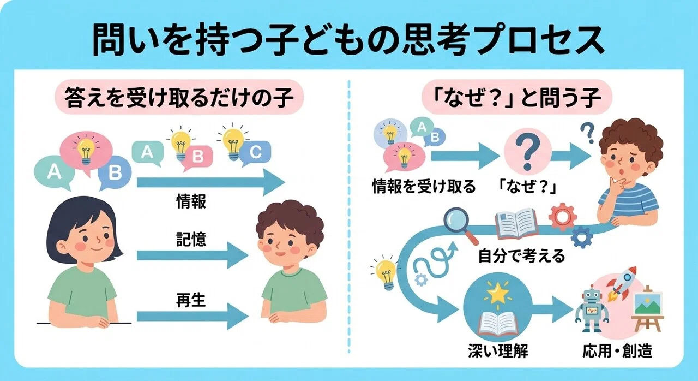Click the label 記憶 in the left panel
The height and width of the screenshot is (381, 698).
click(191, 240)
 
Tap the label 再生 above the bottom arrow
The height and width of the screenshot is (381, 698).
click(191, 300)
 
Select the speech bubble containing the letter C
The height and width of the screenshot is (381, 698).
click(255, 152)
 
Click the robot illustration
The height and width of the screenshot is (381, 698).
click(592, 308)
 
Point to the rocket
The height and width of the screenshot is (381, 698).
click(622, 283)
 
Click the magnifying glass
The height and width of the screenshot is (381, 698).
click(459, 225)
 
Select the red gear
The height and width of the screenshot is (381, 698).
click(563, 217)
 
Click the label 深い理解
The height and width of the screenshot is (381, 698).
click(498, 351)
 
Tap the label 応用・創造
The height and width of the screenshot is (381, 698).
click(617, 351)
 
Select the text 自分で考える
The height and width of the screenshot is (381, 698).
click(521, 256)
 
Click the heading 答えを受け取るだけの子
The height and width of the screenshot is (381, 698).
click(179, 97)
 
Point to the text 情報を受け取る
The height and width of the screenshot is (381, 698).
click(424, 187)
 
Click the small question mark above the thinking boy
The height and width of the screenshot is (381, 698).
click(587, 133)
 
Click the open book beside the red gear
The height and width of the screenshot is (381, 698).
click(516, 224)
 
